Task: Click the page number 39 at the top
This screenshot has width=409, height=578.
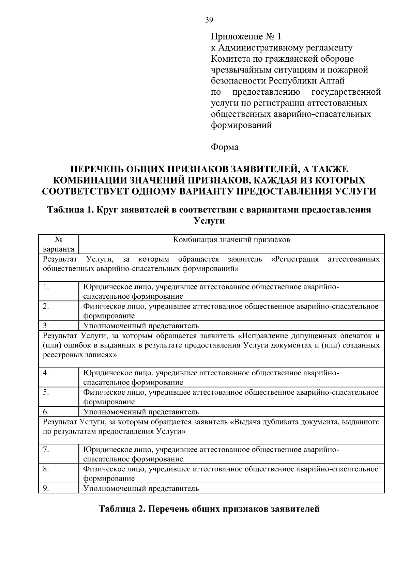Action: (209, 20)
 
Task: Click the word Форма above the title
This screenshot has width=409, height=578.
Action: (225, 147)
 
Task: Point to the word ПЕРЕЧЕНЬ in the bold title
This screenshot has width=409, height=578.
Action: (96, 169)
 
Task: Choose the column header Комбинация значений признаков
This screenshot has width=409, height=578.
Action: (231, 239)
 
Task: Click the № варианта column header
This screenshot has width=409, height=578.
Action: (59, 244)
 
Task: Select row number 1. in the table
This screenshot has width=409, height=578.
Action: (46, 287)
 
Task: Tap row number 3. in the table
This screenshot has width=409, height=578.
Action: (46, 326)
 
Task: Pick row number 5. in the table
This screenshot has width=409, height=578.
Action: (46, 392)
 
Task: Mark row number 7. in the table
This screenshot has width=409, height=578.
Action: (46, 450)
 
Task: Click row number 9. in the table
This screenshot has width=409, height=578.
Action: (46, 488)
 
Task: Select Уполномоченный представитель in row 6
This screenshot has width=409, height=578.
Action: (141, 412)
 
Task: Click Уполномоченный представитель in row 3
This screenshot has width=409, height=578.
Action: (141, 326)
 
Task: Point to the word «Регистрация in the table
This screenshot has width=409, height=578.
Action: (295, 259)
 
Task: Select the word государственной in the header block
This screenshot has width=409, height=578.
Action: (346, 92)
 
